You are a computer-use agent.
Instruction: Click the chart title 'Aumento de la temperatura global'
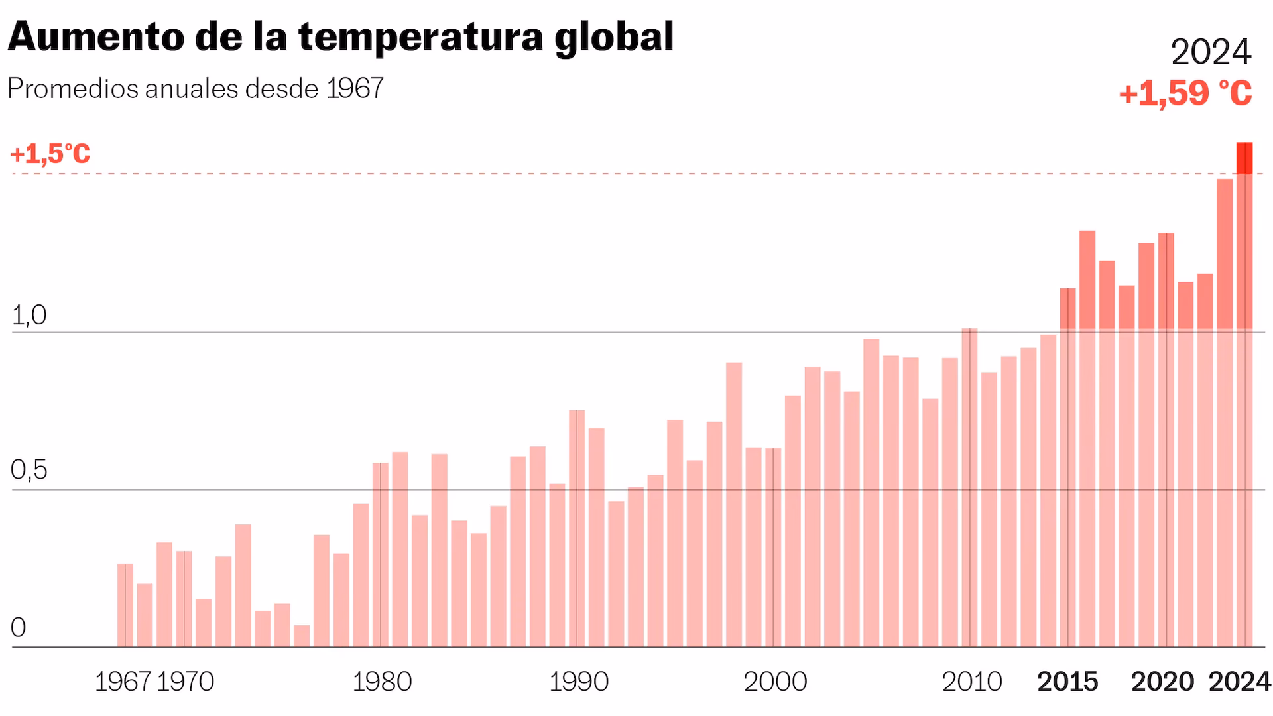[x=340, y=37]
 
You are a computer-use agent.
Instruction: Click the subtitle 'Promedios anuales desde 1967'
[x=196, y=89]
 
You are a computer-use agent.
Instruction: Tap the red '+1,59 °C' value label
[x=1185, y=93]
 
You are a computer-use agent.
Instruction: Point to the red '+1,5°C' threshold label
[x=50, y=154]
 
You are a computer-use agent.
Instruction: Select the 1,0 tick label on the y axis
[x=29, y=316]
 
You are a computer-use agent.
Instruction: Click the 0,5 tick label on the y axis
[x=29, y=471]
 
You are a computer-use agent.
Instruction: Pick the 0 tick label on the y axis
[x=19, y=628]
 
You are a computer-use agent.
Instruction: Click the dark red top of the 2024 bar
[x=1244, y=158]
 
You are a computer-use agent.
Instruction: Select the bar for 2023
[x=1225, y=411]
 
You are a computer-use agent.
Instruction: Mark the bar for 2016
[x=1087, y=438]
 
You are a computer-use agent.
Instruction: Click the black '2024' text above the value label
[x=1211, y=52]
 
